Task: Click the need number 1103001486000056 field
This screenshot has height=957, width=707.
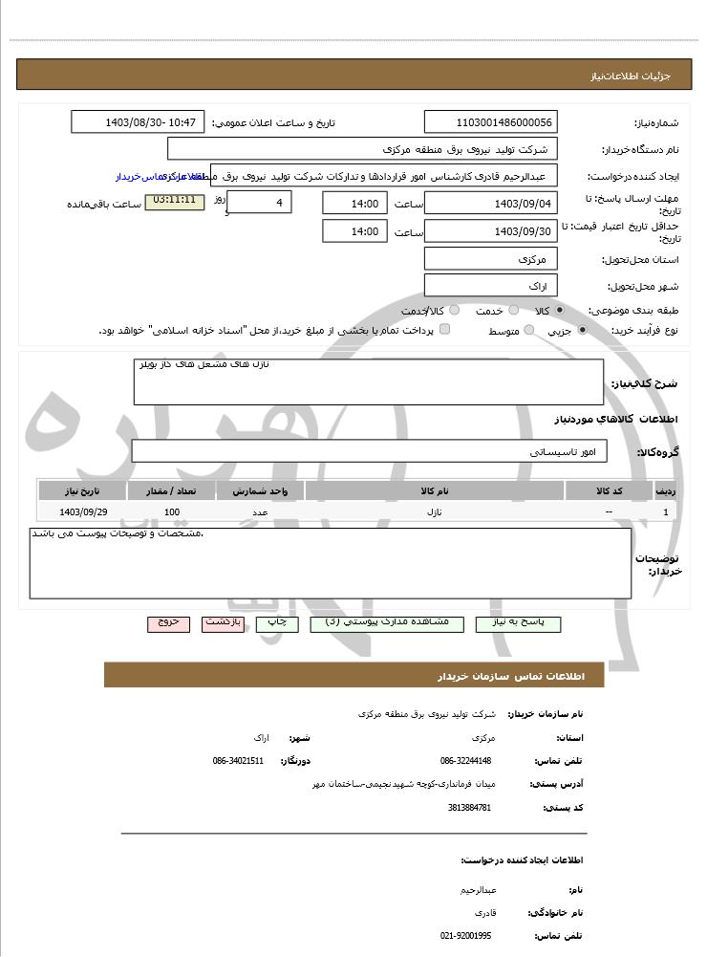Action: coord(490,122)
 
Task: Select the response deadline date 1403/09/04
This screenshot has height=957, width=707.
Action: coord(490,203)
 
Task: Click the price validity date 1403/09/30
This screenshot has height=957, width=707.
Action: coord(490,231)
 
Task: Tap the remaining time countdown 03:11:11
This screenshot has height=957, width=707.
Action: coord(174,202)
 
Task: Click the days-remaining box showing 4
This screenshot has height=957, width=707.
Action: coord(260,203)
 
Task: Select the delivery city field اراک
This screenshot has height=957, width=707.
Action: coord(490,286)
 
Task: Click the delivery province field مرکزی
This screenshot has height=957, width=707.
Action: coord(490,259)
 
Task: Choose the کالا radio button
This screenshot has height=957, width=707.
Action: coord(559,311)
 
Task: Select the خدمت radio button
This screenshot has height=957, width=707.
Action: coord(513,311)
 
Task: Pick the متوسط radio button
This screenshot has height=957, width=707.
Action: coord(525,331)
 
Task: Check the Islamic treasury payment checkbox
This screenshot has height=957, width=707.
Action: coord(444,330)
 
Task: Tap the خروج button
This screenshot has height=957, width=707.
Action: coord(169,623)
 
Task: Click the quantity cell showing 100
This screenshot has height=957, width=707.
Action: coord(172,512)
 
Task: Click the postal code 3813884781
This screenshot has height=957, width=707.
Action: coord(469,808)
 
